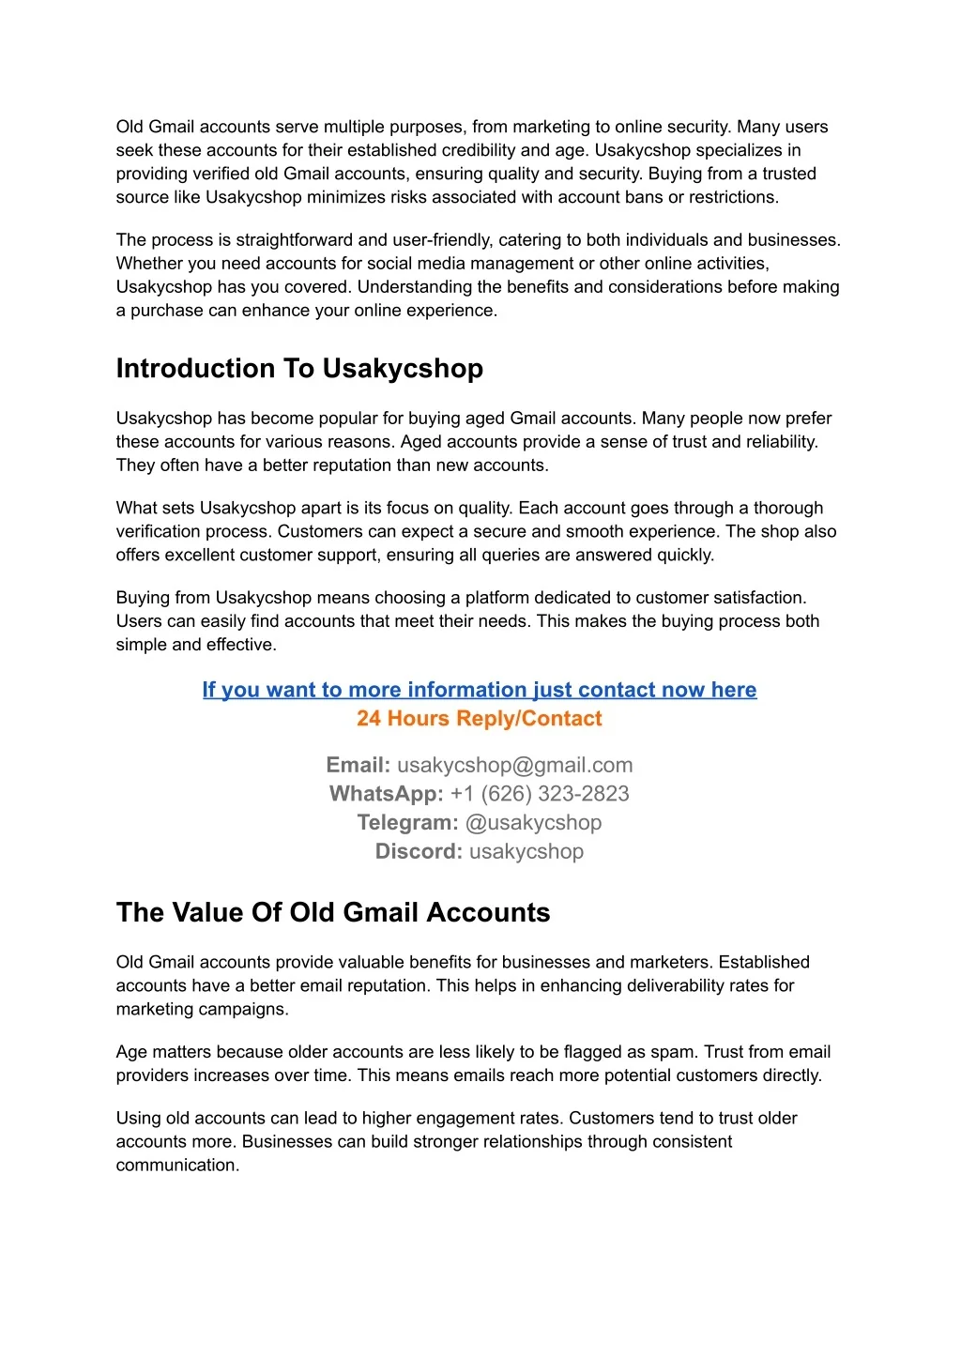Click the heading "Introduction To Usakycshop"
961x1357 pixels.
coord(299,369)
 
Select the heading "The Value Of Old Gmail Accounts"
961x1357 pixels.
coord(333,912)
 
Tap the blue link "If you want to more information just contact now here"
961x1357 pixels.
coord(480,690)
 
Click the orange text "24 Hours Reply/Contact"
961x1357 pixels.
coord(480,719)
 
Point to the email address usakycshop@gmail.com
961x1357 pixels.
coord(515,766)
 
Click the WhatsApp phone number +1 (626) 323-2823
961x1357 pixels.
coord(540,794)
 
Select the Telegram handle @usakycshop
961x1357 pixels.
coord(533,823)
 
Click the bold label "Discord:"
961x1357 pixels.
coord(419,852)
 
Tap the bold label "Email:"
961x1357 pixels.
coord(358,766)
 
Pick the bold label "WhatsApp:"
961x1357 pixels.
coord(386,794)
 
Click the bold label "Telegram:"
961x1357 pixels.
coord(407,823)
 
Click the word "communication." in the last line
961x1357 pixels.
coord(177,1166)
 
